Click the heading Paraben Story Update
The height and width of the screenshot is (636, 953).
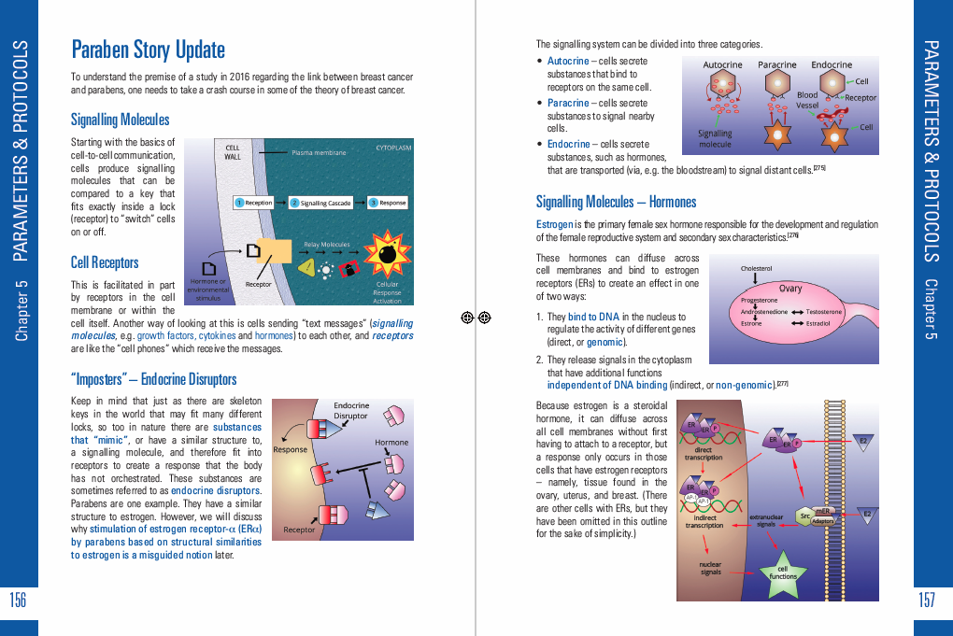pyautogui.click(x=148, y=49)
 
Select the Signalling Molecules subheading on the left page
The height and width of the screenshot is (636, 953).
pyautogui.click(x=120, y=120)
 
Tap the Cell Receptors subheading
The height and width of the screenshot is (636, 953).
pyautogui.click(x=105, y=262)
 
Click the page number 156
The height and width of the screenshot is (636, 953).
pyautogui.click(x=18, y=601)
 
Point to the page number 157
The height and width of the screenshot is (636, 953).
pyautogui.click(x=927, y=601)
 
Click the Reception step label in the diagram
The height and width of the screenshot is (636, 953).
pyautogui.click(x=255, y=203)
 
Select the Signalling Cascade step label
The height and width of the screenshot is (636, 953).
pyautogui.click(x=321, y=203)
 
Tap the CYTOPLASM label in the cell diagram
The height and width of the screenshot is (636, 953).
pyautogui.click(x=393, y=148)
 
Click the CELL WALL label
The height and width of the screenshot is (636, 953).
pyautogui.click(x=233, y=151)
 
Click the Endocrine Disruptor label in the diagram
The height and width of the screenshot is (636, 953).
pyautogui.click(x=351, y=410)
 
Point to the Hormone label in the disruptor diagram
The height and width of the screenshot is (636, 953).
pyautogui.click(x=391, y=442)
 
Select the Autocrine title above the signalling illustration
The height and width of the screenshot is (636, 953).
pyautogui.click(x=722, y=65)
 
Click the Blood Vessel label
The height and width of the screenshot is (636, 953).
pyautogui.click(x=807, y=100)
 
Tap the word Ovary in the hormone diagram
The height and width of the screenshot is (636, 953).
pyautogui.click(x=790, y=289)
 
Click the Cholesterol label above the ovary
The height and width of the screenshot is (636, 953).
pyautogui.click(x=756, y=269)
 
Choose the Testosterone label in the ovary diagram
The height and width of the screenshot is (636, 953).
pyautogui.click(x=824, y=312)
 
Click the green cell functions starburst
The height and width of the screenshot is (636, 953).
pyautogui.click(x=783, y=572)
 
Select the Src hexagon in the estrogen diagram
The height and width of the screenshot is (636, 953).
pyautogui.click(x=804, y=516)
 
